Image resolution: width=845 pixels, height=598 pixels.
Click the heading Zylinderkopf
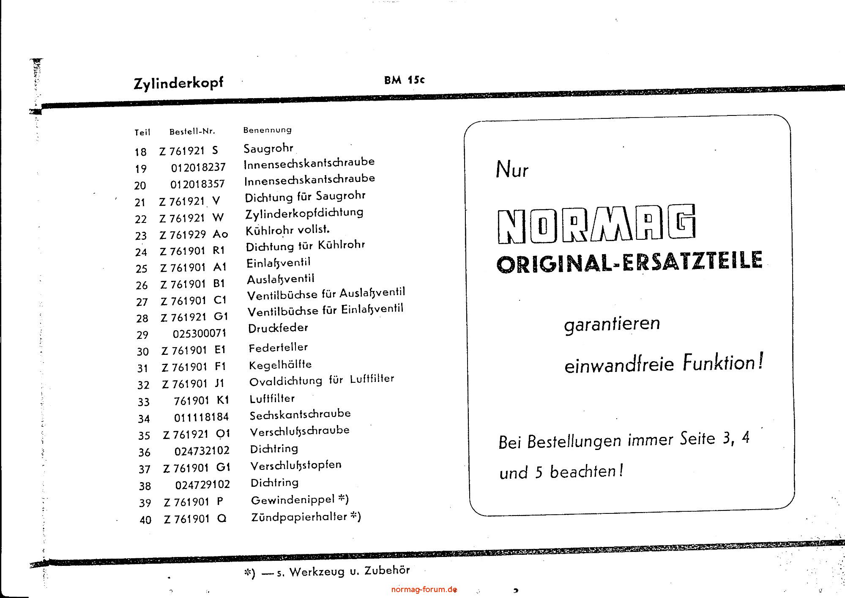coord(178,83)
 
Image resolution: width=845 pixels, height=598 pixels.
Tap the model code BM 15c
coord(404,80)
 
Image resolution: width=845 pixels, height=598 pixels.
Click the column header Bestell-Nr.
coord(192,132)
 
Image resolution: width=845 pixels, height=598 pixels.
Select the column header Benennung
coord(267,130)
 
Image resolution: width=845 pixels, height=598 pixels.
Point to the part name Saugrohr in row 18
coord(268,148)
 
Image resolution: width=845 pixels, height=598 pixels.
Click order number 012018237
coord(198,167)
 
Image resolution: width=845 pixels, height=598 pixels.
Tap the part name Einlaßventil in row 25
coord(279,263)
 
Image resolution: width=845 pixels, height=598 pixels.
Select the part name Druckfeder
coord(278,328)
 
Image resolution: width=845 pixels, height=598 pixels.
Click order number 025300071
coord(200,334)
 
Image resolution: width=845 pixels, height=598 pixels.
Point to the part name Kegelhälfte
coord(280,365)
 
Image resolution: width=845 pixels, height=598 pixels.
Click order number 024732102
coord(202,451)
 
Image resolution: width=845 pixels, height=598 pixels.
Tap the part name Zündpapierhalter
coord(299,517)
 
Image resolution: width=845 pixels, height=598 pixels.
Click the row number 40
coord(145,520)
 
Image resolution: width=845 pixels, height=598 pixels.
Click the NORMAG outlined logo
coord(596,225)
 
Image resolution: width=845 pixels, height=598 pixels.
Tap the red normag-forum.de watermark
coord(424,590)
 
